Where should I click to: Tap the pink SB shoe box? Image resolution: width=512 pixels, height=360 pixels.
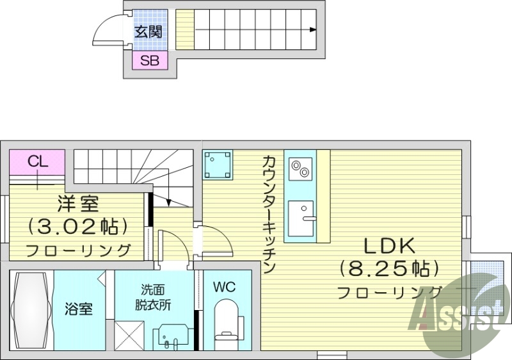tap(150, 61)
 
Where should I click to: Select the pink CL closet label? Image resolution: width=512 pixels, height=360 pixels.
tap(38, 161)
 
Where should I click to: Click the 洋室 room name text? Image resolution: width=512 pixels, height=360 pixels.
tap(77, 205)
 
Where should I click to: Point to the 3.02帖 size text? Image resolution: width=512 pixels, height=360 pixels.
tap(77, 227)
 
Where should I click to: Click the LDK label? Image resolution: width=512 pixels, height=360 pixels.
tap(390, 245)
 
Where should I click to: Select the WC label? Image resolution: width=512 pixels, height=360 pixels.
tap(225, 287)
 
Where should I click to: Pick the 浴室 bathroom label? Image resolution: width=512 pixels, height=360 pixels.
tap(78, 308)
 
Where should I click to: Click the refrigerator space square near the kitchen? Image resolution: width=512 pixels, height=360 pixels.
tap(218, 166)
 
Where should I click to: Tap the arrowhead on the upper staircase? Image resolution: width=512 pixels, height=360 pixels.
tap(312, 29)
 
